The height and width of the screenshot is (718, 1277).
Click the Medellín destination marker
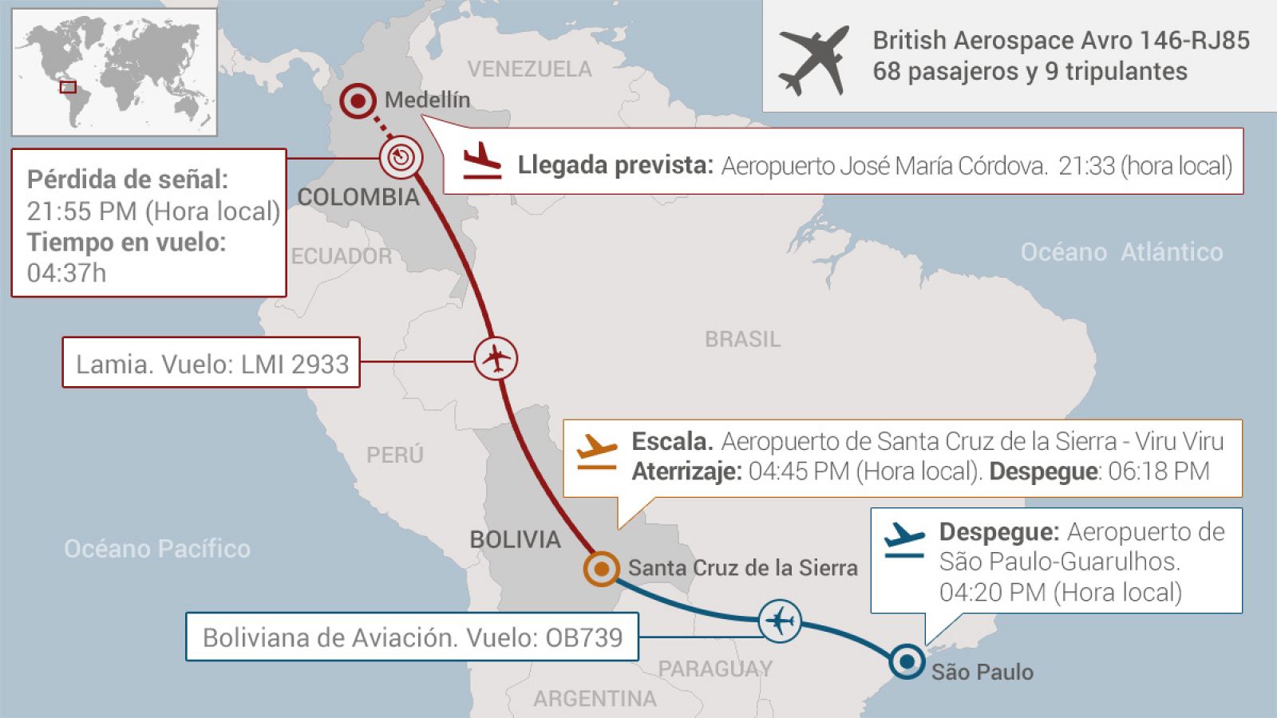point(358,101)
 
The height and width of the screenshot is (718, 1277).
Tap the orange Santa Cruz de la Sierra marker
point(601,569)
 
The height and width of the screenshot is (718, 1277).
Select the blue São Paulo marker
point(907,661)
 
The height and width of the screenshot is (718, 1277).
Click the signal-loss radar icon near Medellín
point(400,156)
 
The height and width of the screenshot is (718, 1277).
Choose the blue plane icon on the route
point(780,620)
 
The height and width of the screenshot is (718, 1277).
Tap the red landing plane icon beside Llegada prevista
point(482,160)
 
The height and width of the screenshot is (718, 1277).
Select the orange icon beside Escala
point(597,452)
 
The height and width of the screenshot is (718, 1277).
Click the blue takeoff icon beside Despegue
point(904,540)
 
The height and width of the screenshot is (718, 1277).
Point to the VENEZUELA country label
point(530,69)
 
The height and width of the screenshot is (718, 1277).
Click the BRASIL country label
point(742,339)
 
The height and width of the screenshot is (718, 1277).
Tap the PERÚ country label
point(394,455)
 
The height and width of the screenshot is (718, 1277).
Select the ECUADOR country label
point(342,256)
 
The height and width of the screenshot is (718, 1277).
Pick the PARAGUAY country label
point(715,669)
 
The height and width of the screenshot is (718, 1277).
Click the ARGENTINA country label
point(595,699)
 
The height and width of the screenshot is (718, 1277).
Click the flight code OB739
point(583,637)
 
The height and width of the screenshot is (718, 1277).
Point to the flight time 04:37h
point(66,273)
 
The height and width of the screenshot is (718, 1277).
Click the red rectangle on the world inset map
point(69,87)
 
